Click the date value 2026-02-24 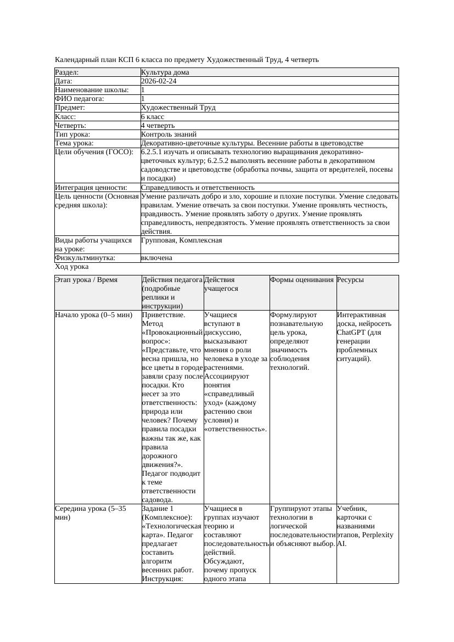coord(159,81)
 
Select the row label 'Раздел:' coord(67,72)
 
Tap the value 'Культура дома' coord(165,72)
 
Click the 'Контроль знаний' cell coord(169,134)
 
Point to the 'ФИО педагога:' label coord(80,99)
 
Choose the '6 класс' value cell coord(153,117)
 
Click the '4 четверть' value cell coord(158,126)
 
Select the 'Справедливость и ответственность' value coord(198,188)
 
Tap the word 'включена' coord(156,258)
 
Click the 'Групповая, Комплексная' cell coord(181,240)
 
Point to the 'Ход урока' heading coord(72,267)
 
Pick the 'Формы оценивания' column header coord(301,280)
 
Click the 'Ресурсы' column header coord(350,280)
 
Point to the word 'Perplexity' coord(375,535)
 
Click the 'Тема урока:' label coord(75,143)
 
